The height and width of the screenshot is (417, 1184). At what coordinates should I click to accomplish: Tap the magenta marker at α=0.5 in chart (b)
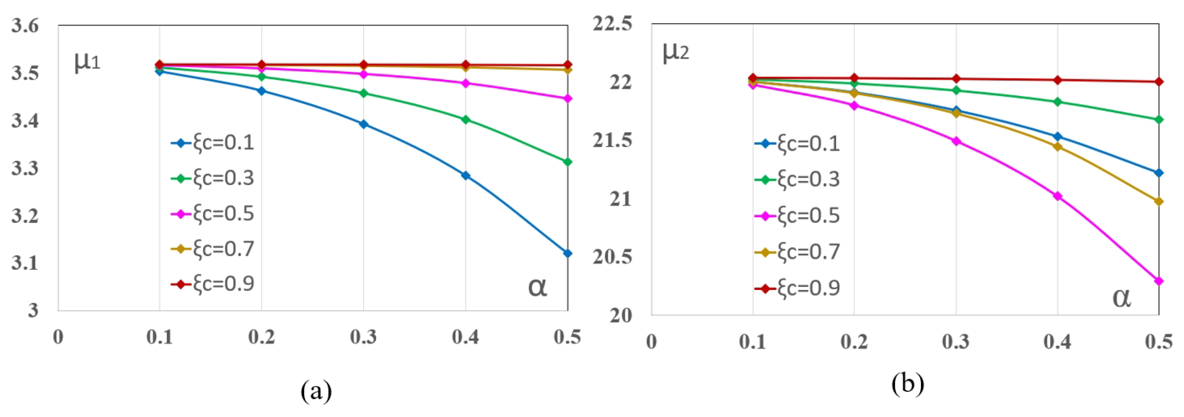tap(1159, 281)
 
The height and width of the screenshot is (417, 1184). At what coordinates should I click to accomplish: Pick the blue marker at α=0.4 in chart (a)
tap(465, 175)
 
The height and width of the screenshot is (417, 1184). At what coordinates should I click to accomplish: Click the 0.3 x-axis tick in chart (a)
tap(363, 337)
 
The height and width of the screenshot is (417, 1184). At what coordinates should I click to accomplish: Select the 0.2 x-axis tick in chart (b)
tap(854, 341)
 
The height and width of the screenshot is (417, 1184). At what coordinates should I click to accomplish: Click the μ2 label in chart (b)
tap(675, 52)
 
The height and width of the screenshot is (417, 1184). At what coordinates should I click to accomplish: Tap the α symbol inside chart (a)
tap(537, 287)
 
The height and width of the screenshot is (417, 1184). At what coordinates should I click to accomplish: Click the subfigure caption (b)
tap(907, 383)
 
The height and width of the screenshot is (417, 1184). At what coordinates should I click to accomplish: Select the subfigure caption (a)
tap(316, 391)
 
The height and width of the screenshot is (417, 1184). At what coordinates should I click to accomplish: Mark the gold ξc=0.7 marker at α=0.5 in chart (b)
tap(1159, 201)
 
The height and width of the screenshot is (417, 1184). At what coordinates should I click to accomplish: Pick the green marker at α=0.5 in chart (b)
tap(1159, 119)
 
